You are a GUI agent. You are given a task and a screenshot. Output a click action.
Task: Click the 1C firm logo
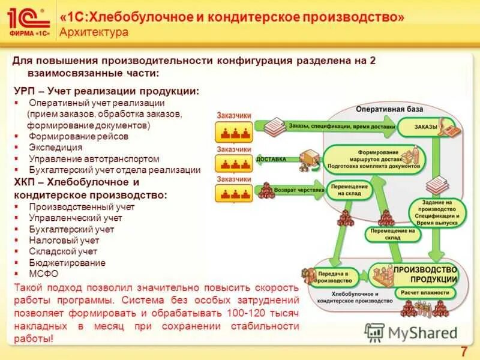(x=28, y=23)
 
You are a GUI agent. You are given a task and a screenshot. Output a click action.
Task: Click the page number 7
(x=463, y=352)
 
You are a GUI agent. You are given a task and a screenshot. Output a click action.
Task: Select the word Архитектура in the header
(x=94, y=32)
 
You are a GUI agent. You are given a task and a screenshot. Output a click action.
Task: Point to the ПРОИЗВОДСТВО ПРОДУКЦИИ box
(x=425, y=275)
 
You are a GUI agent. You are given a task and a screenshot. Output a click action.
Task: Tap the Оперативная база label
(x=389, y=109)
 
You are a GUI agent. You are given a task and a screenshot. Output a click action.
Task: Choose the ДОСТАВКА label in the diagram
(x=271, y=160)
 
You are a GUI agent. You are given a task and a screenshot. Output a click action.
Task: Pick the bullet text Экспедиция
(x=56, y=148)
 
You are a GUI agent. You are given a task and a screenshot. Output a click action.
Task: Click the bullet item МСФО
(x=43, y=274)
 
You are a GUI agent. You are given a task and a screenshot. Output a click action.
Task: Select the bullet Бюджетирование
(x=67, y=263)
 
